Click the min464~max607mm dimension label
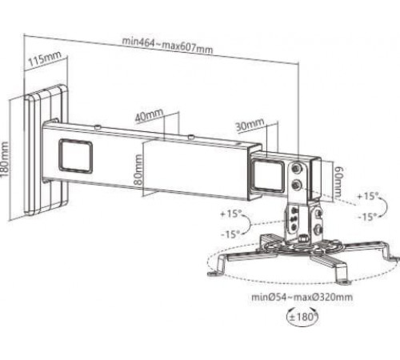click(x=167, y=46)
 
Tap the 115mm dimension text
click(x=45, y=58)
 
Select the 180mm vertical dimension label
click(x=5, y=159)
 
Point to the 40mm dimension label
click(x=149, y=115)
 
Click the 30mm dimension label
click(x=250, y=124)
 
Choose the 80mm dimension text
click(x=138, y=170)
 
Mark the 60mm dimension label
click(x=338, y=182)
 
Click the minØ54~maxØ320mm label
click(x=302, y=297)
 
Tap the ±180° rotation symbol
click(x=302, y=317)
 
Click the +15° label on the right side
click(x=368, y=196)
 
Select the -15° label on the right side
click(x=367, y=217)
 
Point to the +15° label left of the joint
click(x=231, y=214)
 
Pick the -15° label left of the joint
click(x=231, y=234)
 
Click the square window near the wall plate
click(x=76, y=155)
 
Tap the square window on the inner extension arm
click(x=267, y=174)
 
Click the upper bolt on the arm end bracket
click(x=296, y=168)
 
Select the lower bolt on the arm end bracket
click(x=296, y=185)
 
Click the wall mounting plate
click(x=46, y=150)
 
